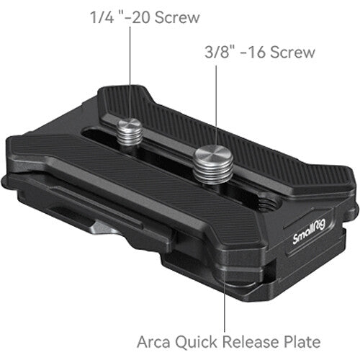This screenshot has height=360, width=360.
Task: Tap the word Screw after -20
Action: pos(179,17)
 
